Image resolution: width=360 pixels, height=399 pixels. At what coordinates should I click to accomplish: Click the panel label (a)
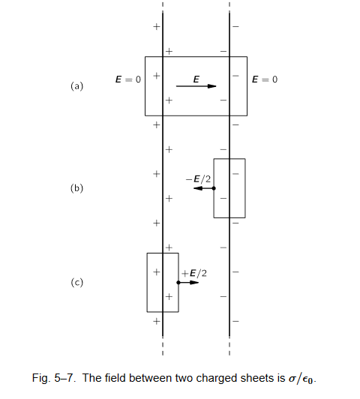pyautogui.click(x=76, y=86)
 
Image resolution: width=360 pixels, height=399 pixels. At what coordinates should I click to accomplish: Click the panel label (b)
pyautogui.click(x=76, y=188)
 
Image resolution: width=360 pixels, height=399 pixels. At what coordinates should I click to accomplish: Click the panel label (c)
pyautogui.click(x=76, y=283)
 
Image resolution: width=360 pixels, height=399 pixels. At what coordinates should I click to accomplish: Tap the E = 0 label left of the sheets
pyautogui.click(x=128, y=79)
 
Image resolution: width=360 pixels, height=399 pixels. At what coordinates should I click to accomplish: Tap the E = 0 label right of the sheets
pyautogui.click(x=265, y=79)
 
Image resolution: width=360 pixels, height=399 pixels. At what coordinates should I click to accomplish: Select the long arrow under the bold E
pyautogui.click(x=196, y=86)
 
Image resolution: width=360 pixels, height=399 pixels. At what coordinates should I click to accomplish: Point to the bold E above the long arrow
pyautogui.click(x=196, y=79)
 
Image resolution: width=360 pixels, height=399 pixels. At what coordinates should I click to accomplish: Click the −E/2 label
pyautogui.click(x=199, y=179)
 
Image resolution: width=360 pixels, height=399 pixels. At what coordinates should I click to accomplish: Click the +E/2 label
pyautogui.click(x=194, y=273)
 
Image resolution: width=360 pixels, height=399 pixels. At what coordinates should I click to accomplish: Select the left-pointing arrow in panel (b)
pyautogui.click(x=204, y=188)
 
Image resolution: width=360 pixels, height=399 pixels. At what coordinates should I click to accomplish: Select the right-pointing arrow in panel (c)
pyautogui.click(x=188, y=283)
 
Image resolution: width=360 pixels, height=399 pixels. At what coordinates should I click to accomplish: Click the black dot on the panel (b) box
pyautogui.click(x=214, y=188)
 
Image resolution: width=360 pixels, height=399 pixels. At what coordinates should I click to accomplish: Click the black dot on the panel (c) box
pyautogui.click(x=178, y=283)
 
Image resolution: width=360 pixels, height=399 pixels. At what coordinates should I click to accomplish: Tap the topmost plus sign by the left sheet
pyautogui.click(x=157, y=26)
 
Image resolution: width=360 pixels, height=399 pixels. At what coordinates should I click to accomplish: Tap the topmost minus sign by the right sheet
pyautogui.click(x=235, y=26)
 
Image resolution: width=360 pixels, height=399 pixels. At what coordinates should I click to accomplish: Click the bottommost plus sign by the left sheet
pyautogui.click(x=157, y=321)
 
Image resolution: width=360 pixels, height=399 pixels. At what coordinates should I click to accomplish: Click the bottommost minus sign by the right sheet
pyautogui.click(x=235, y=321)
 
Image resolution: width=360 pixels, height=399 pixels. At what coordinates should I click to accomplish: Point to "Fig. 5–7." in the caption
pyautogui.click(x=54, y=378)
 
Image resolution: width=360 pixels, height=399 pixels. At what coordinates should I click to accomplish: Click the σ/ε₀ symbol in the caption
pyautogui.click(x=301, y=379)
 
